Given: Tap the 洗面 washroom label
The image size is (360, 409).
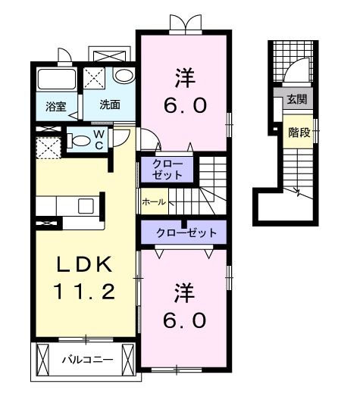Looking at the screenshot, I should point(110,105).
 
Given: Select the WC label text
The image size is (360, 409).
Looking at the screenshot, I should point(99,140).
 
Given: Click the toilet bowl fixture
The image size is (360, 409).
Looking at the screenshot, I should point(78,140).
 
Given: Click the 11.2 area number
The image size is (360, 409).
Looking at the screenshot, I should point(83,291).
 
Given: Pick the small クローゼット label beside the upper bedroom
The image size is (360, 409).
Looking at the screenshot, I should point(167,169).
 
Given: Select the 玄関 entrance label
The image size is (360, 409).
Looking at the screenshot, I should point(296,98).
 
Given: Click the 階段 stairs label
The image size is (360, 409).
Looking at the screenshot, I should point(298,132).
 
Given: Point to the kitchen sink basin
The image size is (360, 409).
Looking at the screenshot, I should point(85,205).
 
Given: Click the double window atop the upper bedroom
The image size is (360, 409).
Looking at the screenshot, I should point(186,23).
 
